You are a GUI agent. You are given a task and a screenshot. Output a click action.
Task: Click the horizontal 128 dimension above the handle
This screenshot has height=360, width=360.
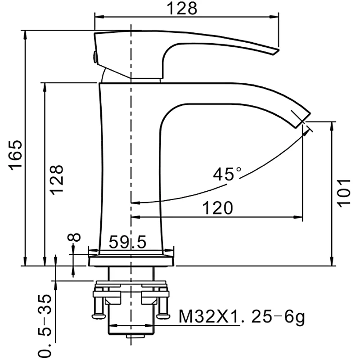(x=182, y=8)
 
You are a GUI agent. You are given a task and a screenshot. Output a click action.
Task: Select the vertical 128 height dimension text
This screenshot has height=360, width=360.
(x=57, y=179)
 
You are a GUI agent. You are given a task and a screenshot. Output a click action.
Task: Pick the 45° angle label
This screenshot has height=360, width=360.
(x=227, y=174)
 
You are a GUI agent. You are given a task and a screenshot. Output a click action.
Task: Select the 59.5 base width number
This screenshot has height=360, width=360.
(x=128, y=243)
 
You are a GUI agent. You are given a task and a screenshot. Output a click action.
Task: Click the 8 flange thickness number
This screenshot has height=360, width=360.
(x=76, y=237)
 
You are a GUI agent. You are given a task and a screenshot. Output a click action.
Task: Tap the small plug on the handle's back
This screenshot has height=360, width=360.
(x=95, y=57)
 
